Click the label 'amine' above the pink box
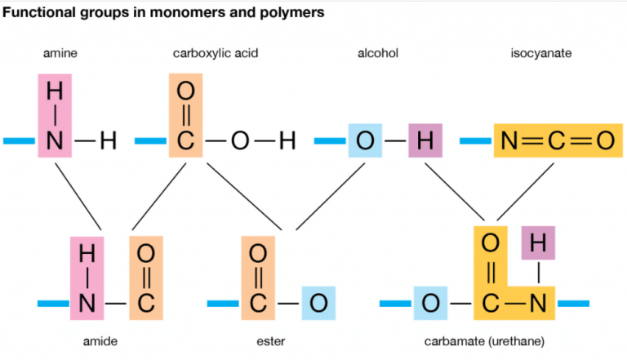click(x=59, y=54)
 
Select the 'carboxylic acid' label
click(x=209, y=54)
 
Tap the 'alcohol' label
click(x=378, y=54)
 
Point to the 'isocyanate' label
click(x=540, y=54)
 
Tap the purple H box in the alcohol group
click(x=424, y=141)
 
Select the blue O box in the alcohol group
click(x=365, y=141)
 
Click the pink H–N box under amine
click(x=54, y=115)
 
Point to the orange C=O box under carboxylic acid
click(x=186, y=115)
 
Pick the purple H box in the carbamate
click(x=537, y=242)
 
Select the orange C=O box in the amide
click(x=145, y=278)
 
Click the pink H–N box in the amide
click(x=87, y=278)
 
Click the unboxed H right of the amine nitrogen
click(x=107, y=141)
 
